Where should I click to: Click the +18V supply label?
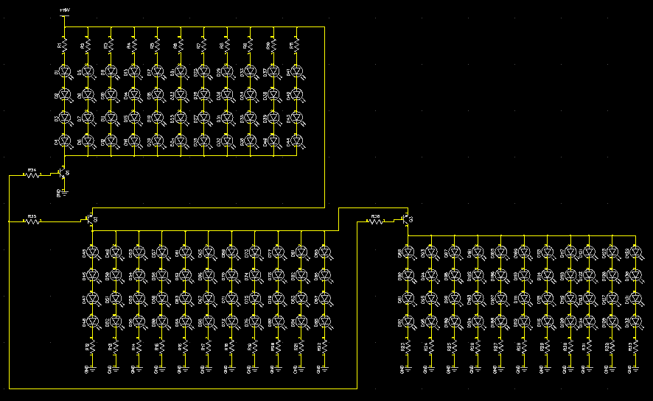coord(65,10)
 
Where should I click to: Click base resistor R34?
coord(32,175)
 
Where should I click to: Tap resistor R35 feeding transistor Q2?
coord(32,221)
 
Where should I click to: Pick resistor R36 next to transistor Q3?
coord(376,220)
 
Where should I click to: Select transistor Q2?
coord(90,219)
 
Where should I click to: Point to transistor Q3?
coord(405,219)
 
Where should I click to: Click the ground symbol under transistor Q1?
coord(64,192)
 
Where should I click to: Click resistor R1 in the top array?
coord(65,46)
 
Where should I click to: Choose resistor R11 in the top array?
coord(297,46)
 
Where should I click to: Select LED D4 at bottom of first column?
coord(65,141)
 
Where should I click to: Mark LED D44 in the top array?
coord(297,141)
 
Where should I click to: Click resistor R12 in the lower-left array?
coord(91,345)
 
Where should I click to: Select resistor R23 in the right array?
coord(407,345)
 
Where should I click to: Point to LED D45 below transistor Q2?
coord(91,252)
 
